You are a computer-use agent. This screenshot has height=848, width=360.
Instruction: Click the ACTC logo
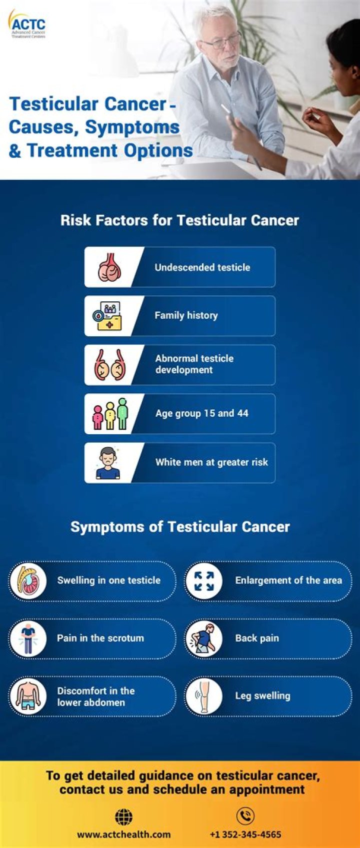click(27, 24)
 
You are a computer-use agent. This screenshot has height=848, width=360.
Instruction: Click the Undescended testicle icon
click(109, 267)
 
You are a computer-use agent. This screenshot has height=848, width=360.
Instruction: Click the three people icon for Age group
click(110, 414)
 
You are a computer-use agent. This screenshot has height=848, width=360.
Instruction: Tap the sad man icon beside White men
click(108, 463)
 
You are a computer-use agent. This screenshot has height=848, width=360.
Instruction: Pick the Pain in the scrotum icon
click(28, 639)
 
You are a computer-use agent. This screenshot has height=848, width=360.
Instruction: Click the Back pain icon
click(204, 639)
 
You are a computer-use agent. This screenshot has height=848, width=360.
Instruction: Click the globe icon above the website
click(124, 817)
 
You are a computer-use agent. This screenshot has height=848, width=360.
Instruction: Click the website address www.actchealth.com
click(124, 835)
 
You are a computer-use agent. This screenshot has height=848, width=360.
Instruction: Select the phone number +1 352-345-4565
click(245, 835)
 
